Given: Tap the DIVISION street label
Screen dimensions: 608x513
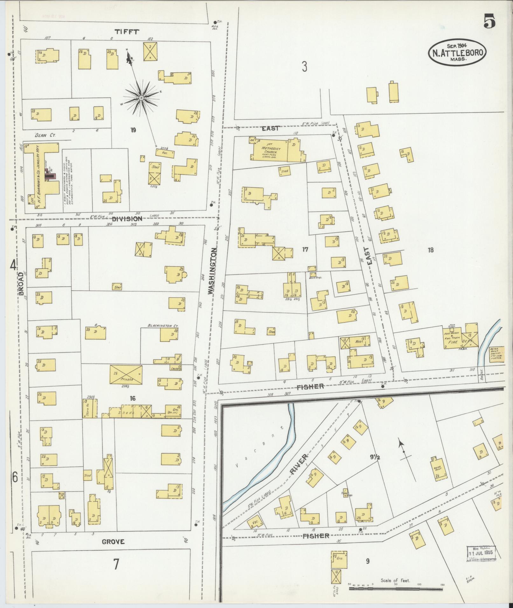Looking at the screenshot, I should (x=127, y=219).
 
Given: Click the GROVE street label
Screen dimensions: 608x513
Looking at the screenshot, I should (x=113, y=542).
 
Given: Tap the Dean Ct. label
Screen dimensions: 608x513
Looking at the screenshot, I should (x=45, y=135).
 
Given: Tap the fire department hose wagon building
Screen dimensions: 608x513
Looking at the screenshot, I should (x=458, y=339).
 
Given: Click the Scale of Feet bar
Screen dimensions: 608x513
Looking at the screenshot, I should (x=396, y=589).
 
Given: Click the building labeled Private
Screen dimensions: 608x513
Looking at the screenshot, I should (x=126, y=375).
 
